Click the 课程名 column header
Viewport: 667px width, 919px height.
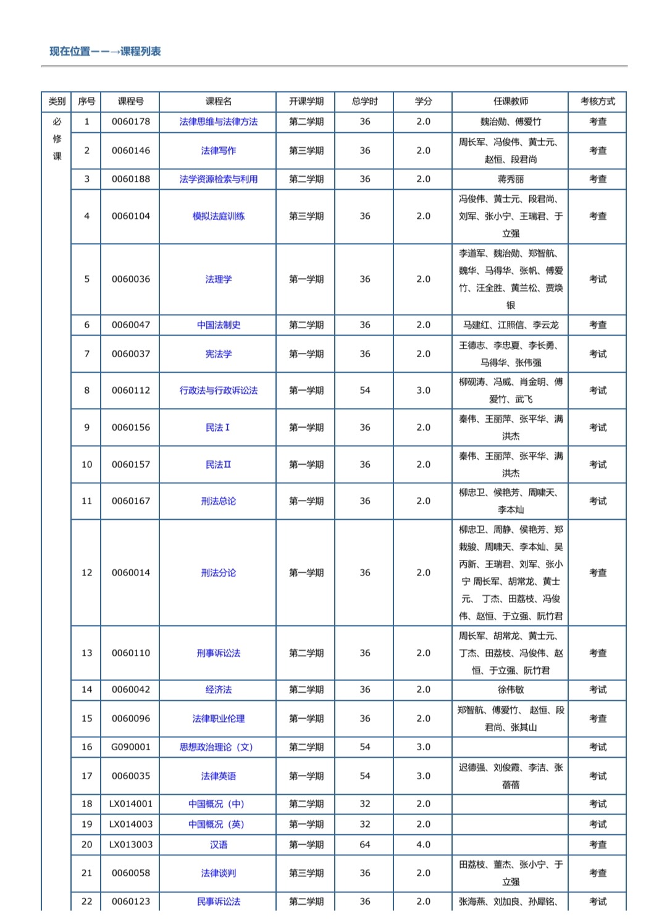[218, 101]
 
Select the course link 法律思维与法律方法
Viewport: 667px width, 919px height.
[218, 122]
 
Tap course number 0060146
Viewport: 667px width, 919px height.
[130, 150]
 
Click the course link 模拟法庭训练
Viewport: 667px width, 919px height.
[218, 216]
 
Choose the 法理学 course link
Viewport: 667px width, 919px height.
[218, 279]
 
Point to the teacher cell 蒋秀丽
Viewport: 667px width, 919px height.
[510, 179]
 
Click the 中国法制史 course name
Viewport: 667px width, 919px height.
[218, 325]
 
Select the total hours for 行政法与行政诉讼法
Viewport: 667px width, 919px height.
[365, 391]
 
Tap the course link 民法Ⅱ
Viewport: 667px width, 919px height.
[218, 465]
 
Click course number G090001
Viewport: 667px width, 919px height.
[130, 747]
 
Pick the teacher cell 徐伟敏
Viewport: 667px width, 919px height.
[510, 690]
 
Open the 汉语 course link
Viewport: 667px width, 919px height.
[218, 845]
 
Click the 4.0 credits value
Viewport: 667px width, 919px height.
[423, 845]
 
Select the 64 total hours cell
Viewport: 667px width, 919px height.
[365, 845]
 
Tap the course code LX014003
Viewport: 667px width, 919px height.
[130, 824]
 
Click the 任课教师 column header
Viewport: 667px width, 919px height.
[510, 101]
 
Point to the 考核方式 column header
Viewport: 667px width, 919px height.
[597, 101]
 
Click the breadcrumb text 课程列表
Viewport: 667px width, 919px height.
[140, 51]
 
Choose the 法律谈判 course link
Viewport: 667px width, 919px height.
[218, 873]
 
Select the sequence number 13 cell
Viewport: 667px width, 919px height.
[86, 653]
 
